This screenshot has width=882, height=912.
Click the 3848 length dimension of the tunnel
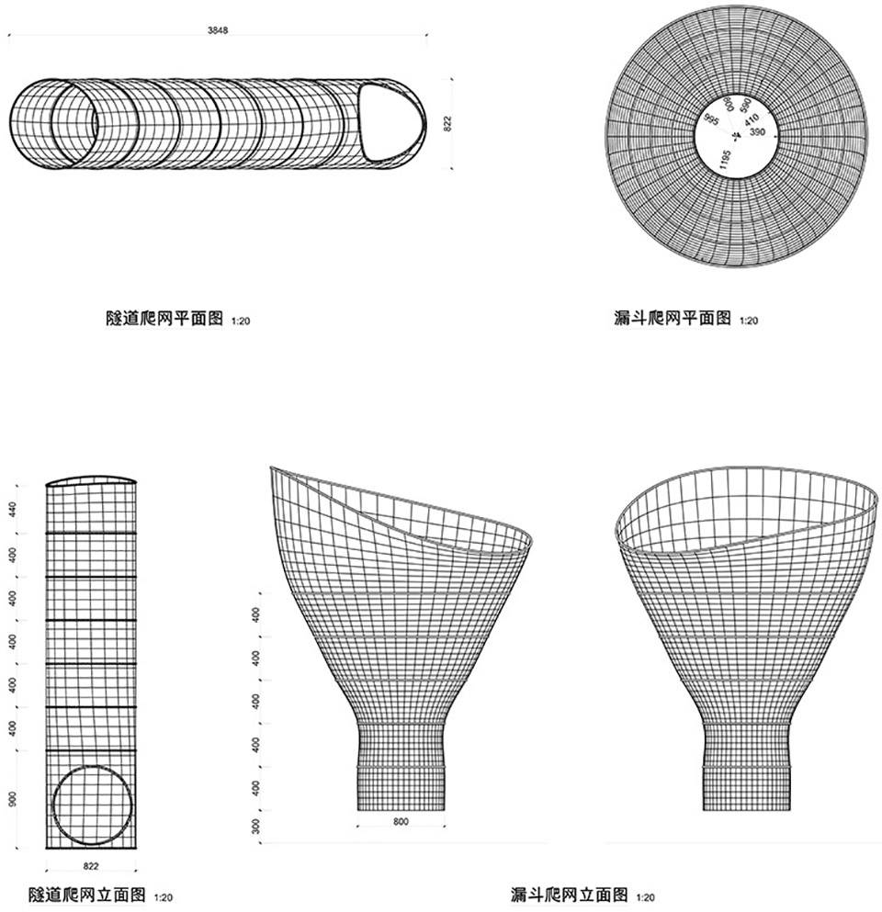(x=218, y=30)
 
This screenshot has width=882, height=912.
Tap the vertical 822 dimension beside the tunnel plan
(x=447, y=124)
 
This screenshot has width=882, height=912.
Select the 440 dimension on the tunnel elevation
(x=13, y=510)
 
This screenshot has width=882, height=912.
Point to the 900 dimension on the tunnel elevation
(x=13, y=798)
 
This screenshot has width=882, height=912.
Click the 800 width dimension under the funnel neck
(x=401, y=822)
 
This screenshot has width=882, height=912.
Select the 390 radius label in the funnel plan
(x=756, y=132)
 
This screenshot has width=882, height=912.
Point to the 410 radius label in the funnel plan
(x=752, y=118)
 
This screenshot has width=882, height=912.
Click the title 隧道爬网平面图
(x=164, y=320)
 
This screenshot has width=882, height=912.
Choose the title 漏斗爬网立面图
(x=569, y=895)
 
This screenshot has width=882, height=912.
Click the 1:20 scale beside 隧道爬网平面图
(x=241, y=321)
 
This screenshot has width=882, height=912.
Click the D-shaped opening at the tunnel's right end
(x=390, y=120)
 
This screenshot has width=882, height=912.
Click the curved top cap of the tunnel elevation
(x=92, y=480)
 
